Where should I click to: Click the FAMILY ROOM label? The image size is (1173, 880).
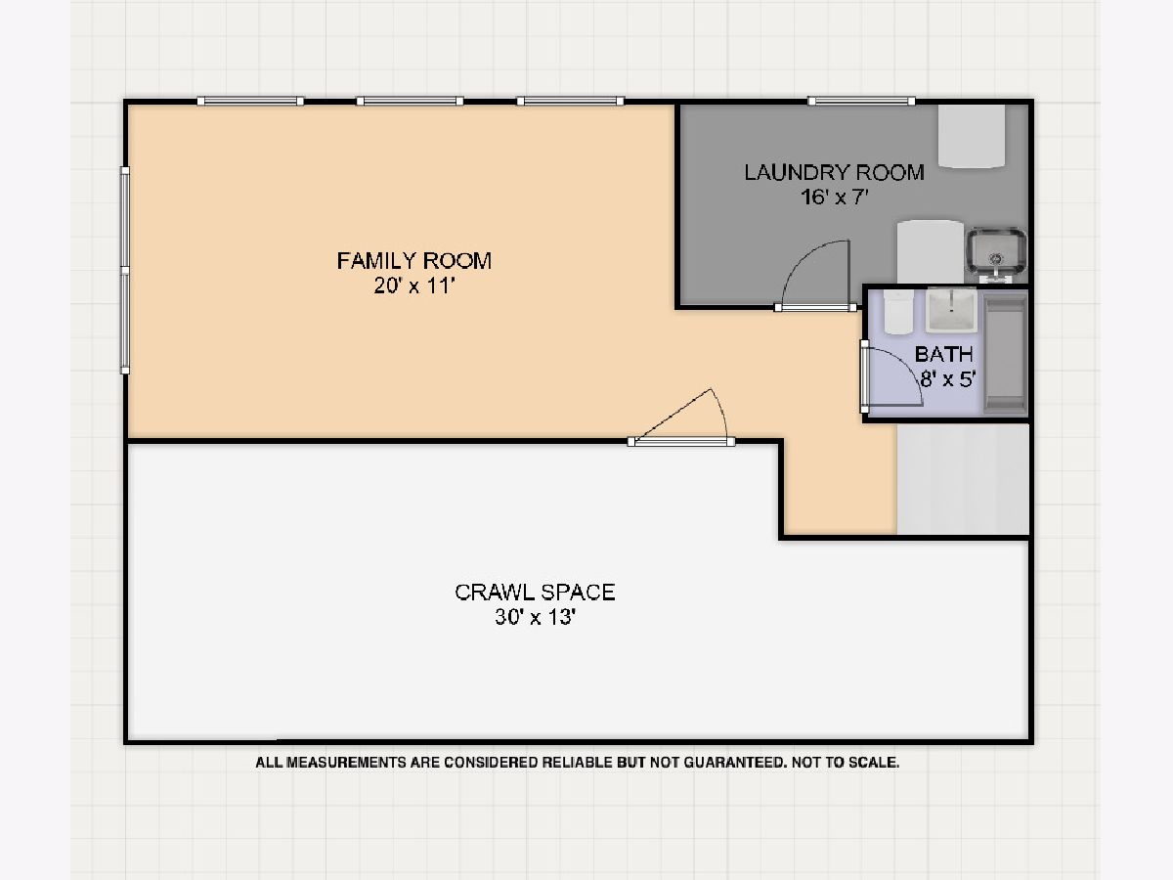[414, 261]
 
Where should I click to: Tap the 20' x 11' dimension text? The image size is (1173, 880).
[414, 286]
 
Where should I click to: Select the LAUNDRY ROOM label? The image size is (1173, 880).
[834, 173]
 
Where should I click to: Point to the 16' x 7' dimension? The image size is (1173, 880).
[834, 198]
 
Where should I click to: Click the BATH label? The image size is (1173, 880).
[943, 354]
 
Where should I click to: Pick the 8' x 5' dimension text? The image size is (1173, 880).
[948, 379]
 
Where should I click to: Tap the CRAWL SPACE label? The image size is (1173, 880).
[535, 592]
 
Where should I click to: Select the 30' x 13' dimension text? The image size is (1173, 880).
[535, 617]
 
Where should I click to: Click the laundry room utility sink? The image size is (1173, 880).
[996, 255]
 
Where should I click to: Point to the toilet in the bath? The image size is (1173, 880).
[897, 312]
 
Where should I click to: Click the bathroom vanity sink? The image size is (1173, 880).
[951, 310]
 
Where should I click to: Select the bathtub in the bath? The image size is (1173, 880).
[1006, 353]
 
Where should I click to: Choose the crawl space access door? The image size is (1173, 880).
[681, 441]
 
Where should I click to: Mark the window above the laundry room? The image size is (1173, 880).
[861, 101]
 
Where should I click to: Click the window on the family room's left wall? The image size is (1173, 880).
[124, 271]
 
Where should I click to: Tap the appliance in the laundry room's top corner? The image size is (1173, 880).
[972, 137]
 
